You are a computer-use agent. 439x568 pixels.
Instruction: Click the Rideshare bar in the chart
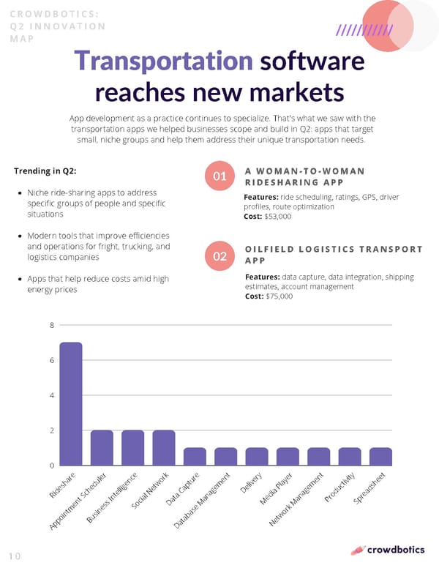[x=71, y=403]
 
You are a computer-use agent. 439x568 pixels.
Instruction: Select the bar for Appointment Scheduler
[x=102, y=448]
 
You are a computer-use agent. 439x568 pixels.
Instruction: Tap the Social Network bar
[x=164, y=448]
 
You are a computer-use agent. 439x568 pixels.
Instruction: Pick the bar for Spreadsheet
[x=380, y=457]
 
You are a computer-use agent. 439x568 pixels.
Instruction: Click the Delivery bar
[x=257, y=457]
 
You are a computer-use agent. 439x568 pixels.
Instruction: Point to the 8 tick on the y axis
[x=52, y=325]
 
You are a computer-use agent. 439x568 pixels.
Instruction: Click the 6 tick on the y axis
[x=52, y=360]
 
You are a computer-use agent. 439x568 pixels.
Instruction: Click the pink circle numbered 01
[x=219, y=177]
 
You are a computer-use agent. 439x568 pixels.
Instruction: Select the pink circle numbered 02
[x=219, y=256]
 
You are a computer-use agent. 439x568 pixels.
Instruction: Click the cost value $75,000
[x=277, y=296]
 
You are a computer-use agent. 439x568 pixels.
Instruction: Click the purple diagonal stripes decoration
[x=364, y=30]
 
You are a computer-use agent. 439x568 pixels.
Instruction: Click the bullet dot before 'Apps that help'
[x=18, y=280]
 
